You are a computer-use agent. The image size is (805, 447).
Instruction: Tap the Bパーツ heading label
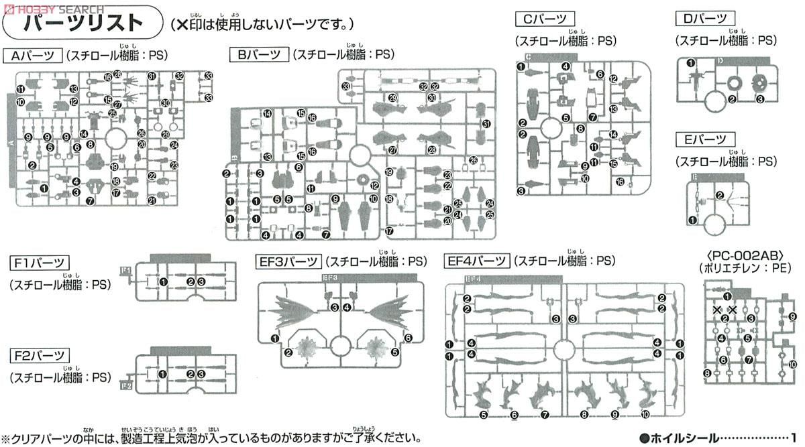point(258,55)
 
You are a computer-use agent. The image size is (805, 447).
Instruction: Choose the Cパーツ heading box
point(546,19)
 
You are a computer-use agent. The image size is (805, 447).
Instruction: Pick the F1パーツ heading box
point(38,262)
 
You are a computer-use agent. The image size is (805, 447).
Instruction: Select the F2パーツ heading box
point(38,355)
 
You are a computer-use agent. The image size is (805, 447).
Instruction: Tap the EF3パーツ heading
point(288,261)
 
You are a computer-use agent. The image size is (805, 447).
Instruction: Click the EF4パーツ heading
point(478,261)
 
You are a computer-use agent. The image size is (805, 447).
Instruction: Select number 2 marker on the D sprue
point(732,99)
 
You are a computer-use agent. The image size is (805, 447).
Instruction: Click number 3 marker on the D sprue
point(760,99)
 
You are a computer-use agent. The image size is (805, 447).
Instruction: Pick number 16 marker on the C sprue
point(621,182)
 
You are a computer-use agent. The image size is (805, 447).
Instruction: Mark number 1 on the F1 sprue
point(163,281)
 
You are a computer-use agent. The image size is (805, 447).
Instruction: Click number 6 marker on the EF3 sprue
point(408,338)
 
